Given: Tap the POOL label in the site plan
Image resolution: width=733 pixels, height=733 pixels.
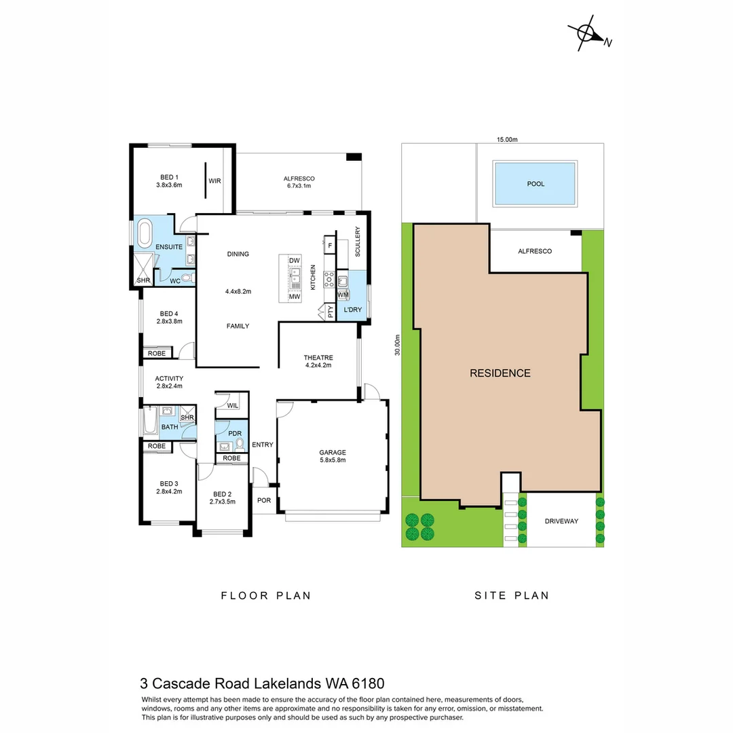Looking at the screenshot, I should click(x=535, y=184).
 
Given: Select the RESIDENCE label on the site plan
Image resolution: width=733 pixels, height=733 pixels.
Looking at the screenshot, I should click(x=500, y=373).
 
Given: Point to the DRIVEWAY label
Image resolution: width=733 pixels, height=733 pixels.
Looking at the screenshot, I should click(x=561, y=521).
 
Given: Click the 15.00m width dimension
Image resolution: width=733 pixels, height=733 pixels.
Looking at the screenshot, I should click(x=506, y=139).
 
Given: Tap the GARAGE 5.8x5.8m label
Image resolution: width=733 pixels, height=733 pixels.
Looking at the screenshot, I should click(x=333, y=456).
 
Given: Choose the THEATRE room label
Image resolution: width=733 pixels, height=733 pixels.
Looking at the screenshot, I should click(x=318, y=362).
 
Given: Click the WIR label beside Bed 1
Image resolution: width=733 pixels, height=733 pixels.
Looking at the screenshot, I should click(x=214, y=181).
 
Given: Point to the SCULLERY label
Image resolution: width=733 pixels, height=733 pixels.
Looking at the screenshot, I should click(x=358, y=241).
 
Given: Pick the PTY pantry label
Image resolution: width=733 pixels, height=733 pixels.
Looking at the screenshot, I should click(x=331, y=312).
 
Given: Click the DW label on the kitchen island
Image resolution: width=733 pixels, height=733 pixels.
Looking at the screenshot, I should click(x=294, y=261).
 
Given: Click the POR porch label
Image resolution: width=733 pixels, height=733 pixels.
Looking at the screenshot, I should click(x=263, y=501).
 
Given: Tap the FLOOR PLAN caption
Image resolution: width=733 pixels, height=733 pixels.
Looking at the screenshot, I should click(x=266, y=596).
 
